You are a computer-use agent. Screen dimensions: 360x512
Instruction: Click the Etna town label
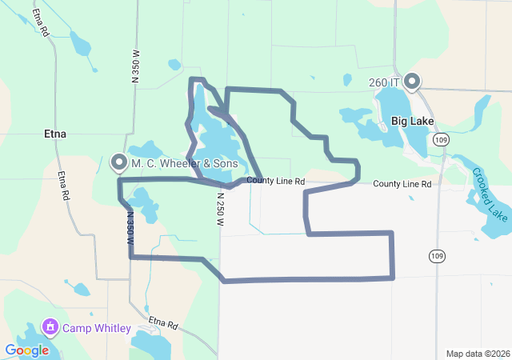[x=56, y=134]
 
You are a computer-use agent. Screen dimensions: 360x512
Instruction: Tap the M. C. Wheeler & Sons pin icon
[x=119, y=163]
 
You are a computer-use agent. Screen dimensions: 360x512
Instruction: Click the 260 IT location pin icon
[x=412, y=81]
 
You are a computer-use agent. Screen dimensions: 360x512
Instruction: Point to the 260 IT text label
[x=385, y=82]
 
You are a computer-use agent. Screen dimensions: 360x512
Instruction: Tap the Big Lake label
[x=412, y=122]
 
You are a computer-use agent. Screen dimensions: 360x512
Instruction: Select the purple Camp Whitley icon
[x=50, y=327]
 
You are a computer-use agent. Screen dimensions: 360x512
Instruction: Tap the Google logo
[x=26, y=350]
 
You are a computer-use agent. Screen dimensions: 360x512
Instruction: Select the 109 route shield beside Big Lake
[x=441, y=139]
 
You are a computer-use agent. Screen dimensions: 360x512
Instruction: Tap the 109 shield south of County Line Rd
[x=436, y=255]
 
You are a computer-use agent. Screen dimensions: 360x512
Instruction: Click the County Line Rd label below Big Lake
[x=402, y=184]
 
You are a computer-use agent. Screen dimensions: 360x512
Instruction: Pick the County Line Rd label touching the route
[x=275, y=182]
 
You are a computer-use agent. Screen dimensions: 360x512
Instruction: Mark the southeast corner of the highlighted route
[x=393, y=278]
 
